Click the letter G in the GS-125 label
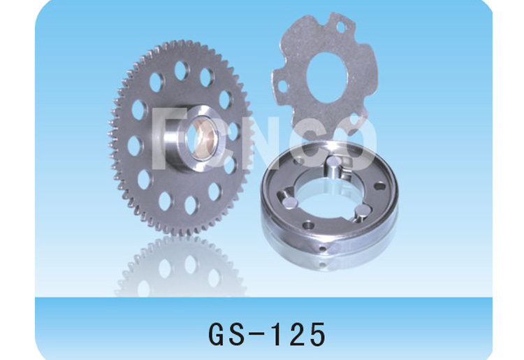(218, 334)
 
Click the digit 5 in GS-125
(317, 334)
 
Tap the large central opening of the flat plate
(325, 78)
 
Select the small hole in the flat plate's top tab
(340, 27)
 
